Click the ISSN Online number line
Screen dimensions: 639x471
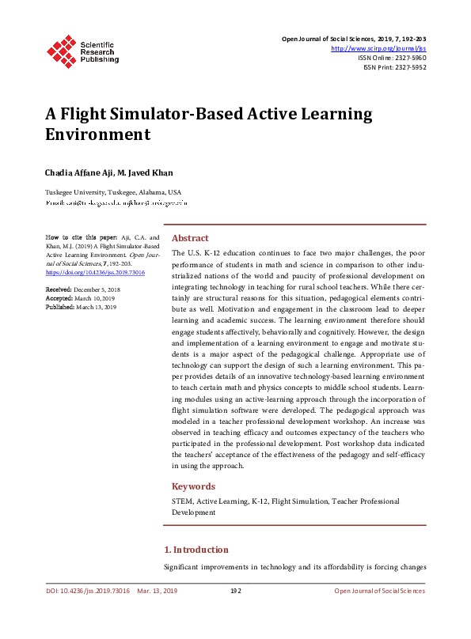click(392, 58)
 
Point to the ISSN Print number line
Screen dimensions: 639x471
click(394, 67)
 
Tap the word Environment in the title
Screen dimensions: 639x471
click(97, 134)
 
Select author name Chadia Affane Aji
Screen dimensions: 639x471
click(78, 173)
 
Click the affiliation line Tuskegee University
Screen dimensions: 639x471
click(112, 192)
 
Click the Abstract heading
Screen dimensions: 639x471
click(190, 238)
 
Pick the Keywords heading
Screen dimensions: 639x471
click(193, 487)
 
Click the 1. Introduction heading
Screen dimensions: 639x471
click(196, 550)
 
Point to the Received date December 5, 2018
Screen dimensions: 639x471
click(93, 290)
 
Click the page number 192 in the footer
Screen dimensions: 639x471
click(235, 591)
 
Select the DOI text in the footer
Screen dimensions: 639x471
click(86, 591)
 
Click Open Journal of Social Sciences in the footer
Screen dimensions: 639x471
click(379, 591)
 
